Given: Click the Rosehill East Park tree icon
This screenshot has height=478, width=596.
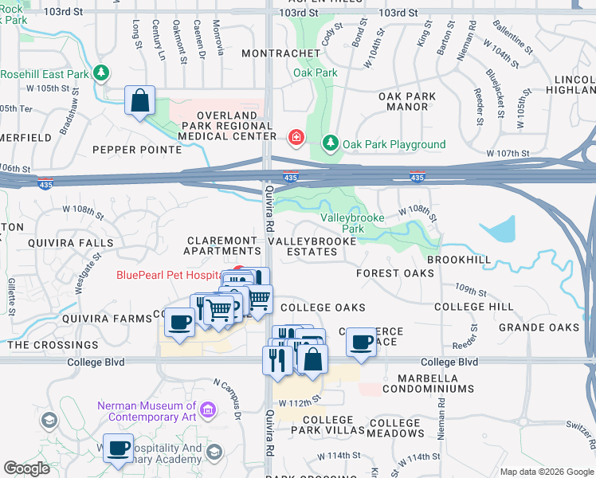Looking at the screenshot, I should coord(101,74).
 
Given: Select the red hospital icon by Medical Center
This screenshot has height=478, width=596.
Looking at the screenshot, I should coord(296,138).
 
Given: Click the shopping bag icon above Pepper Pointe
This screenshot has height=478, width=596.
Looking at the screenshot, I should coord(140,102).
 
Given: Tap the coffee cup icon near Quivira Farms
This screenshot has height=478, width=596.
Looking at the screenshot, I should coord(180,323).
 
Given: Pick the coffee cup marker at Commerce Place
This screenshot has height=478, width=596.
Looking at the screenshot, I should coord(361,343).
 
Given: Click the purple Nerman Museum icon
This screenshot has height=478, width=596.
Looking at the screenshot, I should coord(208,411).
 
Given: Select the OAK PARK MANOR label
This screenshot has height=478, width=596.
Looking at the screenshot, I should coord(407,101).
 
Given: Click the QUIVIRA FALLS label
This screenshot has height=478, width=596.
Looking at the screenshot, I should coord(70,243).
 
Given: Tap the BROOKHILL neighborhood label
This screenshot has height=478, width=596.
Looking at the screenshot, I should coord(459,260).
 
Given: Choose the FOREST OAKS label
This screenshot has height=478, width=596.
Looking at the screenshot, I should coord(395,273).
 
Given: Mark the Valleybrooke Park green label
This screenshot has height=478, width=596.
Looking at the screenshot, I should coord(352,223).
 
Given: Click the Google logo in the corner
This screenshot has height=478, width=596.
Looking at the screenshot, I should coord(28,468).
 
